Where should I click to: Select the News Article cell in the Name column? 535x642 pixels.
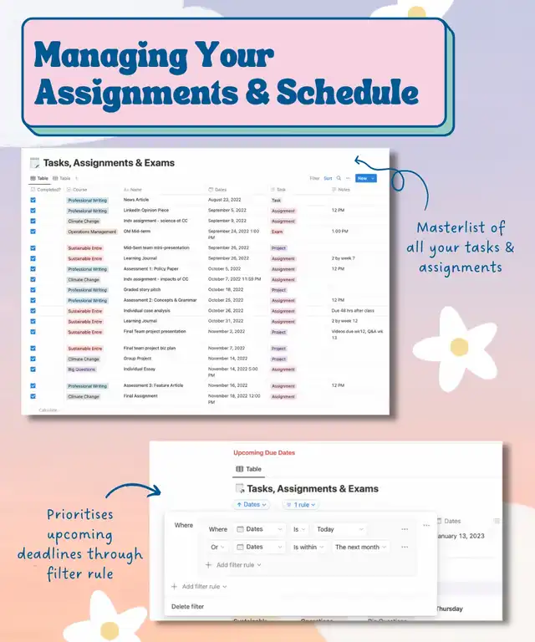[135, 201]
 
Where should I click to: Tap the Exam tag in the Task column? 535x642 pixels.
[278, 232]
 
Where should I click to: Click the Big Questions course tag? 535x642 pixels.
[84, 369]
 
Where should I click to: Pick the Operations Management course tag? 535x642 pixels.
[92, 232]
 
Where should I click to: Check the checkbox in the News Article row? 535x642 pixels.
[33, 201]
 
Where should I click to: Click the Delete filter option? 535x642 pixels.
[187, 606]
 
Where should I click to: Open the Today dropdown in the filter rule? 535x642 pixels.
[340, 529]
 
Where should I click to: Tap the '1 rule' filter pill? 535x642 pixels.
[300, 504]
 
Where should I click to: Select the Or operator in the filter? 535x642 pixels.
[218, 547]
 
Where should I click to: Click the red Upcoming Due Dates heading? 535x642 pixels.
[264, 452]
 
